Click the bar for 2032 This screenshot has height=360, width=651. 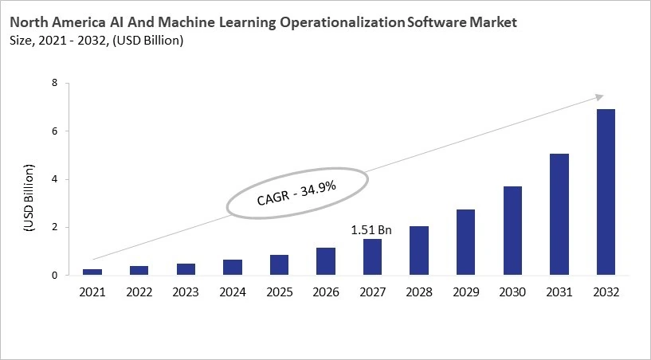pos(605,192)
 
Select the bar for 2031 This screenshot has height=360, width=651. pos(559,214)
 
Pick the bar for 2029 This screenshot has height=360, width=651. pos(465,242)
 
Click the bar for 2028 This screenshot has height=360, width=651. pos(418,251)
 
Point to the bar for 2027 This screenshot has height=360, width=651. pos(372,257)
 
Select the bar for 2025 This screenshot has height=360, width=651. pos(279,265)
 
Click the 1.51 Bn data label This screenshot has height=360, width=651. pos(371,230)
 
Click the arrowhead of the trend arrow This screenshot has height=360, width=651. pos(600,96)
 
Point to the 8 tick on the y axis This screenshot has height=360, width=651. pos(54,83)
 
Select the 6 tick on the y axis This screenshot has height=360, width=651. pos(54,131)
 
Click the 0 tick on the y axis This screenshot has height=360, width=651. pos(54,276)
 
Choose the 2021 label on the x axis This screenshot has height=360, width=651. pos(92,292)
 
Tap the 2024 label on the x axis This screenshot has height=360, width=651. pos(232,292)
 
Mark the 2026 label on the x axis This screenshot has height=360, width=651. pos(325,292)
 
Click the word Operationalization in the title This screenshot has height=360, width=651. pos(341,23)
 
